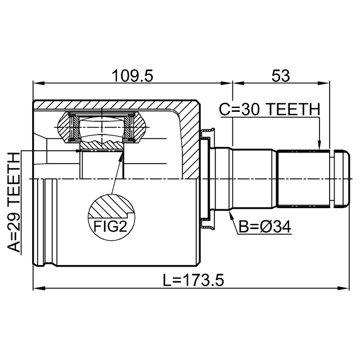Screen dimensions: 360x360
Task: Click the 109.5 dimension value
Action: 132,76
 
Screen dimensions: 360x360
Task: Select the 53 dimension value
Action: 281,76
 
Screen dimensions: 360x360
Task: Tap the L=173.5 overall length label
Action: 193,280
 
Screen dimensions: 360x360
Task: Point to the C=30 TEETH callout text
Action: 269,109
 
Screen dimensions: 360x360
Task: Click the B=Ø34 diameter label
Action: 265,227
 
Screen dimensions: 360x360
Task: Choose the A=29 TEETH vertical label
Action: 13,202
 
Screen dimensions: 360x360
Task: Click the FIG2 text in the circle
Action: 110,226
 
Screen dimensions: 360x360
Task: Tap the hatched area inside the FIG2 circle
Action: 110,206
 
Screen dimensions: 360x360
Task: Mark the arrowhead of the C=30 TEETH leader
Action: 319,146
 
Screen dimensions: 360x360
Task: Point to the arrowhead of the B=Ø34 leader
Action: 231,214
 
